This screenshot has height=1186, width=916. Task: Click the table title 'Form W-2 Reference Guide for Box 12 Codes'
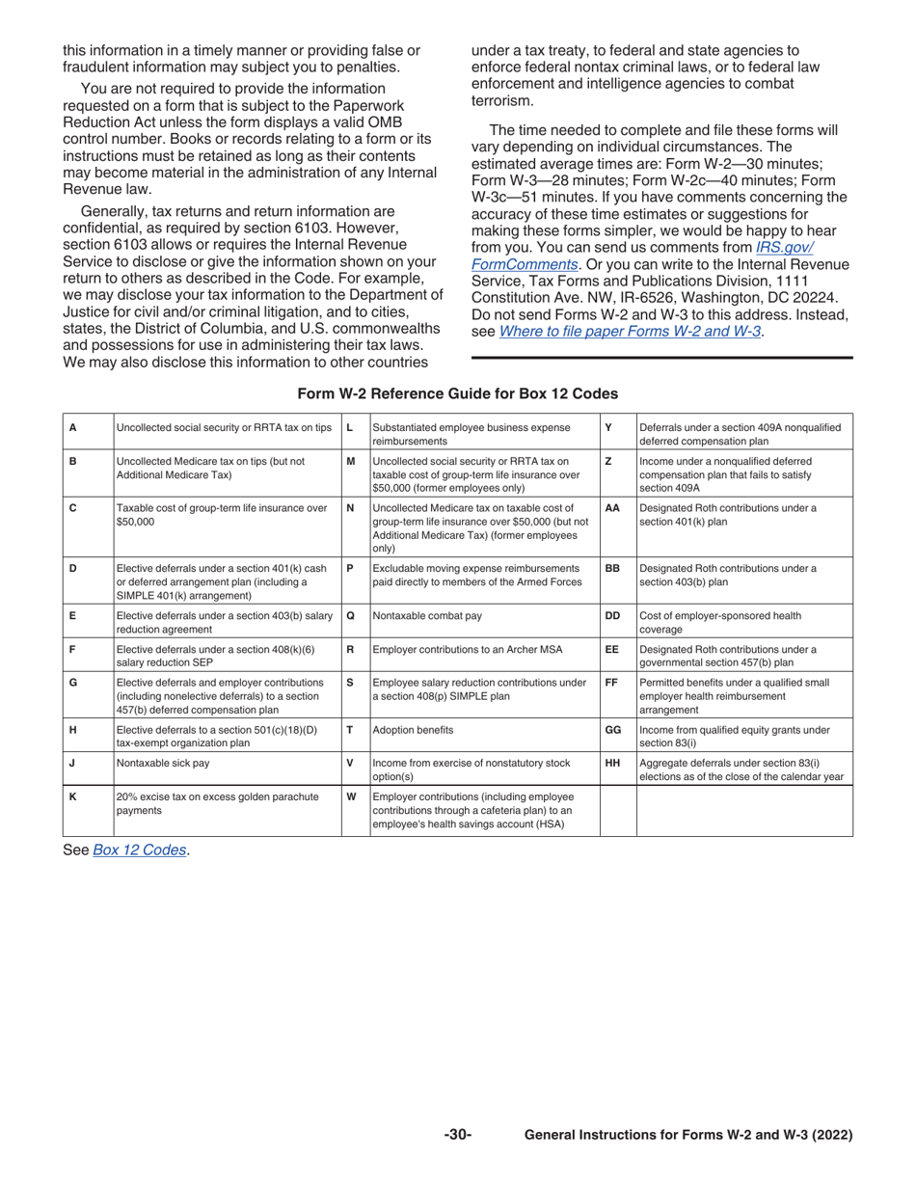tap(458, 393)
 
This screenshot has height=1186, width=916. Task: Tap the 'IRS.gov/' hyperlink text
tap(784, 246)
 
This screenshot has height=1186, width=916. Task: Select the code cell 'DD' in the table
tap(611, 615)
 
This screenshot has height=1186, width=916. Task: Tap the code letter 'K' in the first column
tap(73, 796)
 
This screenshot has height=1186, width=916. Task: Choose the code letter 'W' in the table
tap(351, 796)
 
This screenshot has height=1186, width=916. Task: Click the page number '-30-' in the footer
tap(458, 1136)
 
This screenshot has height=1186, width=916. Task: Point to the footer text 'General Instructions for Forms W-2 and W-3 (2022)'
tap(688, 1136)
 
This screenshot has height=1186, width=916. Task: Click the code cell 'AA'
tap(611, 507)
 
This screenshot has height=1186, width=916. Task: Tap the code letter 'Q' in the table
tap(350, 615)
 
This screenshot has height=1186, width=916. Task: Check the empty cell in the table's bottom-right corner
tap(744, 810)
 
